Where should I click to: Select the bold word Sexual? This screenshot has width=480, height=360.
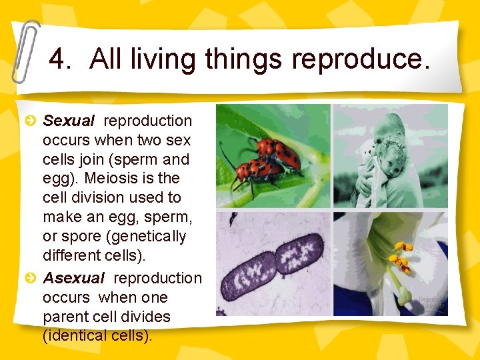(x=69, y=121)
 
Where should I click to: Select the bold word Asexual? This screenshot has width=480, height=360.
(x=74, y=278)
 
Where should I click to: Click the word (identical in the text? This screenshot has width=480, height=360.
(x=75, y=336)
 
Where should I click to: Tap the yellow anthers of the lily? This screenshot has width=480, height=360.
(x=400, y=256)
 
